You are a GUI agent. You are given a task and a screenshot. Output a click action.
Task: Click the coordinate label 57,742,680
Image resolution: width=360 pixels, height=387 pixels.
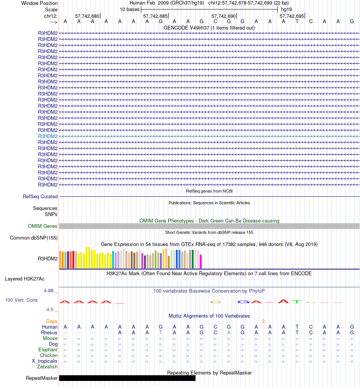pos(87,16)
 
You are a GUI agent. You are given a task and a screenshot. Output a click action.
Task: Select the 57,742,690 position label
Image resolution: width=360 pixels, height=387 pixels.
pos(224,16)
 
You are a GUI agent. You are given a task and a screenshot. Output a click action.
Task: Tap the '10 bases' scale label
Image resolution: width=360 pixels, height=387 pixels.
pos(130,9)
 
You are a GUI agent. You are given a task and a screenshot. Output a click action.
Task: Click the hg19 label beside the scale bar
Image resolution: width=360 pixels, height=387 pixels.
pos(286,9)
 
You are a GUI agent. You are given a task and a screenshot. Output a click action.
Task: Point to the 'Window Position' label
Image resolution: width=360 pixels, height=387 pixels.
pos(39,3)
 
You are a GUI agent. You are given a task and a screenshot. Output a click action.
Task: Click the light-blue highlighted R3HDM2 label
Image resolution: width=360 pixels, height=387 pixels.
pos(48,136)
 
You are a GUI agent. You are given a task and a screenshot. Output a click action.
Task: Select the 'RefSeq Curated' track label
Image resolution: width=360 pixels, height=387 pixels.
pos(40,197)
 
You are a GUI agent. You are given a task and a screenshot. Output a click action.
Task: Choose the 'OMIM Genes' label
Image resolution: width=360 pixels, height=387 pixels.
pos(43,226)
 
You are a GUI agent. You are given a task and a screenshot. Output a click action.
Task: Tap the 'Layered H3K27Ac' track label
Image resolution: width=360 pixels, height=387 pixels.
pos(25,279)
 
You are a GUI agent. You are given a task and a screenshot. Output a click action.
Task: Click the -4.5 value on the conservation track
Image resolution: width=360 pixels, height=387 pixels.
pos(51,310)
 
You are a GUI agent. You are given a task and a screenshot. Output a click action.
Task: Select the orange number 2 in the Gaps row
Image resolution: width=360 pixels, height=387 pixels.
pos(263,321)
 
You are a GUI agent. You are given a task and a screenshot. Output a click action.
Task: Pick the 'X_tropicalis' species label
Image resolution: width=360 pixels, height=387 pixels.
pos(45,361)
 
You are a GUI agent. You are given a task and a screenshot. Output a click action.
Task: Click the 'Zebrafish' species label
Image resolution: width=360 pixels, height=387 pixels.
pos(47,367)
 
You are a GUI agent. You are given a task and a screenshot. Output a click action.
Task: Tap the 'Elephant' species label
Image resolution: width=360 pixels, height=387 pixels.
pos(48,350)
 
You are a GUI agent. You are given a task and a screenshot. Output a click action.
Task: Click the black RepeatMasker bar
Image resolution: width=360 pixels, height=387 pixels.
pos(127,378)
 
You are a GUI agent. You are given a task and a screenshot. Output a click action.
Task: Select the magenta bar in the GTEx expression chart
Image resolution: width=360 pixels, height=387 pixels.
pos(201,261)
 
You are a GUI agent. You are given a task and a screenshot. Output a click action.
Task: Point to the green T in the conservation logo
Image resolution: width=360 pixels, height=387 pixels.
pos(297,302)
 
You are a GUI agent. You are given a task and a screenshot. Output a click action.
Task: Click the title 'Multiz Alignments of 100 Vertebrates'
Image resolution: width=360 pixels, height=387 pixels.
pos(209,316)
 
